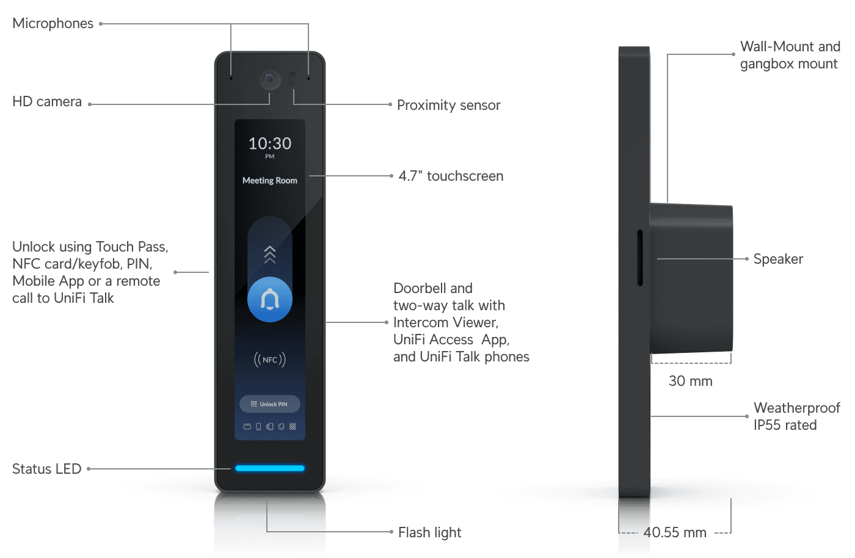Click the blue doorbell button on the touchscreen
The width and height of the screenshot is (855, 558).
pyautogui.click(x=270, y=300)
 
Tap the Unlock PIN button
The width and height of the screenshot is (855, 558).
pyautogui.click(x=270, y=404)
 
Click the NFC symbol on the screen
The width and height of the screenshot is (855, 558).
pyautogui.click(x=270, y=360)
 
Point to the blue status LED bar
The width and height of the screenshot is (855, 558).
pyautogui.click(x=270, y=468)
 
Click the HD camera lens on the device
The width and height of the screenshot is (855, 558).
pyautogui.click(x=270, y=80)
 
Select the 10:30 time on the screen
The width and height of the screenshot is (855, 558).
pyautogui.click(x=270, y=143)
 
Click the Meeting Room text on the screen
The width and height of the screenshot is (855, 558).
pyautogui.click(x=270, y=181)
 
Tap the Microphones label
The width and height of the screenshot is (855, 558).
pyautogui.click(x=53, y=23)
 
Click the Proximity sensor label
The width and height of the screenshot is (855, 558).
pyautogui.click(x=448, y=105)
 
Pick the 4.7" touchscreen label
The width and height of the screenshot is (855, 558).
pyautogui.click(x=451, y=176)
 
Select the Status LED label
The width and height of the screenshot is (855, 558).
pyautogui.click(x=47, y=469)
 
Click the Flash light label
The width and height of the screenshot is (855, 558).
pyautogui.click(x=429, y=532)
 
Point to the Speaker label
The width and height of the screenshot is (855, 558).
pyautogui.click(x=778, y=259)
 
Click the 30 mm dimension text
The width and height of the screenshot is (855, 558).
pyautogui.click(x=690, y=381)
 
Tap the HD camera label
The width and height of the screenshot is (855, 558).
pyautogui.click(x=47, y=101)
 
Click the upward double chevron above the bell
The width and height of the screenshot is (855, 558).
pyautogui.click(x=270, y=255)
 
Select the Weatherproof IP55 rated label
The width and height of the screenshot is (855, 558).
pyautogui.click(x=796, y=416)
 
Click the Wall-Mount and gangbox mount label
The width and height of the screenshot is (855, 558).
pyautogui.click(x=790, y=55)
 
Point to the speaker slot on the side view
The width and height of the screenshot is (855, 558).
pyautogui.click(x=640, y=258)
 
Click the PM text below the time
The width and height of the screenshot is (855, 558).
pyautogui.click(x=270, y=157)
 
